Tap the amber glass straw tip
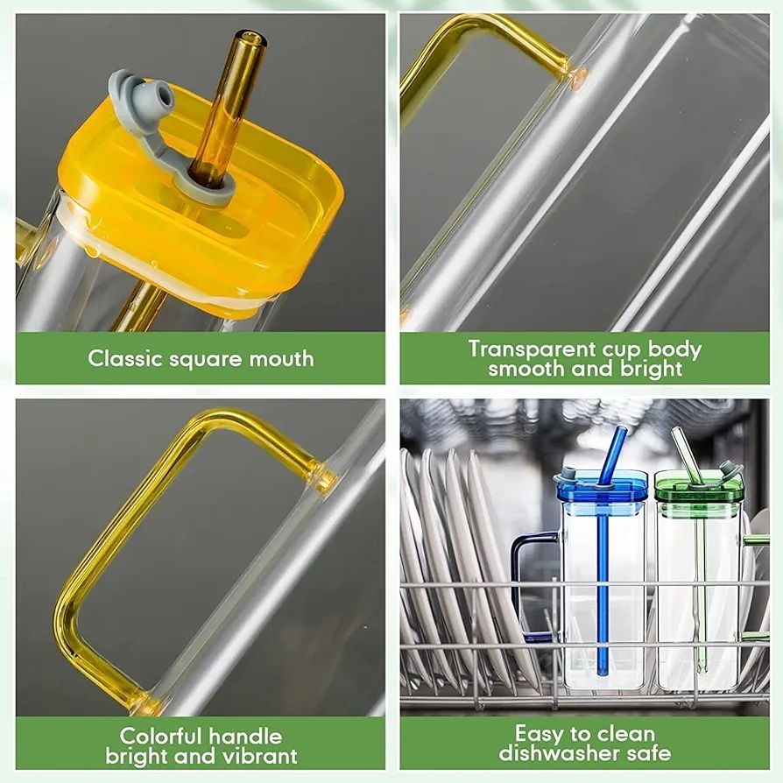(x=250, y=39)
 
